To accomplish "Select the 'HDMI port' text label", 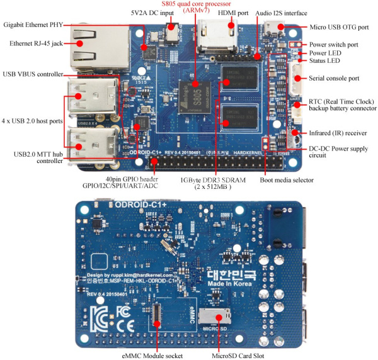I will tap(232, 13).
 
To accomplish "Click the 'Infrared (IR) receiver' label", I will tap(338, 133).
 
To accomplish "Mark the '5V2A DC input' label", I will tap(152, 13).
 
